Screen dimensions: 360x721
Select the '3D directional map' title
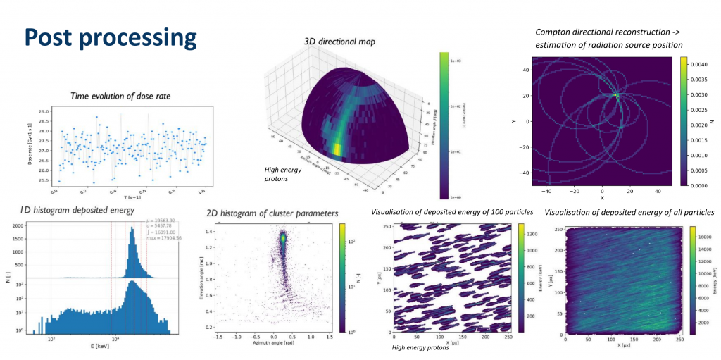coord(339,42)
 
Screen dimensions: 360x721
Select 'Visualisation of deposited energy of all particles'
coord(629,212)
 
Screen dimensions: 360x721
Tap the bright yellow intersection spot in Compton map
coord(615,94)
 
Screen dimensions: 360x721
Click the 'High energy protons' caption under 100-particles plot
coord(420,347)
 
